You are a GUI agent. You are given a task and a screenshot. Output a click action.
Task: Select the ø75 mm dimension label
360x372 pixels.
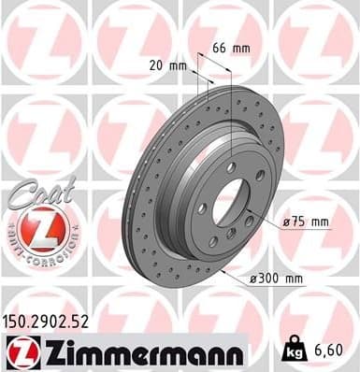click(x=306, y=222)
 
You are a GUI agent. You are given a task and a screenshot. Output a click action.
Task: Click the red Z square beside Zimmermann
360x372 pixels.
click(x=20, y=350)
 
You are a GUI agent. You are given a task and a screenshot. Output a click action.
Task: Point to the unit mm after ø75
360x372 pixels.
click(x=320, y=222)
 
